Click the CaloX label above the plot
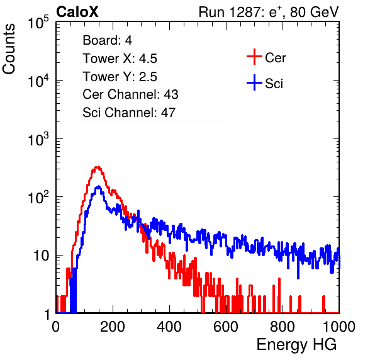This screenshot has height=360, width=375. [77, 12]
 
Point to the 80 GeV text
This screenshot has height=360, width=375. [314, 12]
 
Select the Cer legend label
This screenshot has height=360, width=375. [275, 58]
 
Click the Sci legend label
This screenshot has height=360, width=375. [274, 84]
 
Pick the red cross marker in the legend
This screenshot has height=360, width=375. [254, 57]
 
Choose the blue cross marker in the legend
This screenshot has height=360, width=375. [254, 82]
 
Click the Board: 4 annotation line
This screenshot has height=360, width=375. [107, 40]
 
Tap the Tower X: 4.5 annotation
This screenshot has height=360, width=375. [120, 59]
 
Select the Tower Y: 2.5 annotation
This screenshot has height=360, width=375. [120, 77]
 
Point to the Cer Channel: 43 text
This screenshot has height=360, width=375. [130, 94]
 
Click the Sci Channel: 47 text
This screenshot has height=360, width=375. [129, 113]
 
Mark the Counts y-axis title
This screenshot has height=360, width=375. [9, 49]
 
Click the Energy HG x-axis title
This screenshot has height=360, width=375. [296, 345]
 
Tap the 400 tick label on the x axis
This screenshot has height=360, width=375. [169, 327]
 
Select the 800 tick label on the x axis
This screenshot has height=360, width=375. [283, 327]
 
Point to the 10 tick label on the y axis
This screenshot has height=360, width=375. [41, 256]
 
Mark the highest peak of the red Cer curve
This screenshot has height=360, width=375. [97, 167]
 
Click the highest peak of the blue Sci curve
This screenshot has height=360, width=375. [99, 186]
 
